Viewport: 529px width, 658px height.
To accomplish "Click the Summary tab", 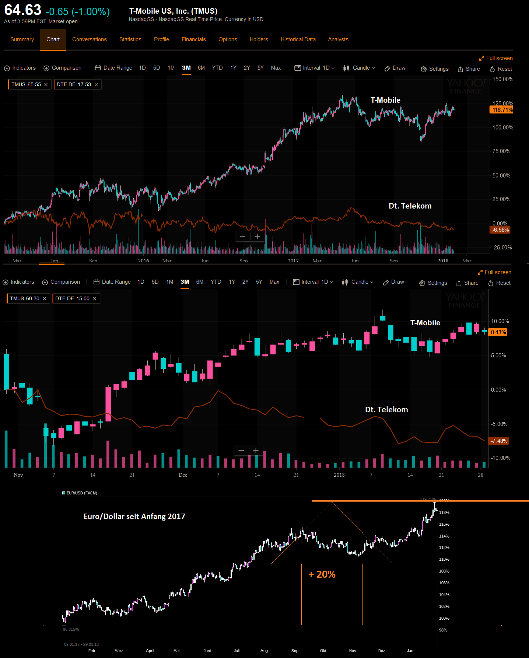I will (x=22, y=39).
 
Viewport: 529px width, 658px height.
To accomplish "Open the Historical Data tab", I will (x=298, y=39).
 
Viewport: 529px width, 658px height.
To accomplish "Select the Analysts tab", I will (x=338, y=39).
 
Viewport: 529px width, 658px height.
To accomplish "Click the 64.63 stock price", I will (x=23, y=10).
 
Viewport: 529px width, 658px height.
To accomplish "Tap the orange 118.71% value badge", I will (x=502, y=110).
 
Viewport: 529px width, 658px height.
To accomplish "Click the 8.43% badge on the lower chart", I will (x=498, y=332).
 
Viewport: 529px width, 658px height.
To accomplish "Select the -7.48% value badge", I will (x=499, y=441).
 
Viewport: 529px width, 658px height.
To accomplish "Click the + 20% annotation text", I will (x=322, y=574).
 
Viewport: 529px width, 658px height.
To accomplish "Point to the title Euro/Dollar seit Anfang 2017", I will (x=134, y=517).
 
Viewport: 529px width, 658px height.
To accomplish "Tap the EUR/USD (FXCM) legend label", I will (x=81, y=493).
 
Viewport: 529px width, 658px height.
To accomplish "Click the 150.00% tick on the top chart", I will (x=502, y=79).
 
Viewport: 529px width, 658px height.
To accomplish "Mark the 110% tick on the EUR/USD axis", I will (x=444, y=559).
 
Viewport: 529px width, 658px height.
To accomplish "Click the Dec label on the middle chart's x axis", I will (x=183, y=475).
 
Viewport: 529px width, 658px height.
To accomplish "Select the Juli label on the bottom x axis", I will (x=237, y=651).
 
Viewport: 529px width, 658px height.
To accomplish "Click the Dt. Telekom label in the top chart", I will (x=410, y=206).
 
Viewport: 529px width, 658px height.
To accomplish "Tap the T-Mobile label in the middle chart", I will (x=425, y=323).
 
